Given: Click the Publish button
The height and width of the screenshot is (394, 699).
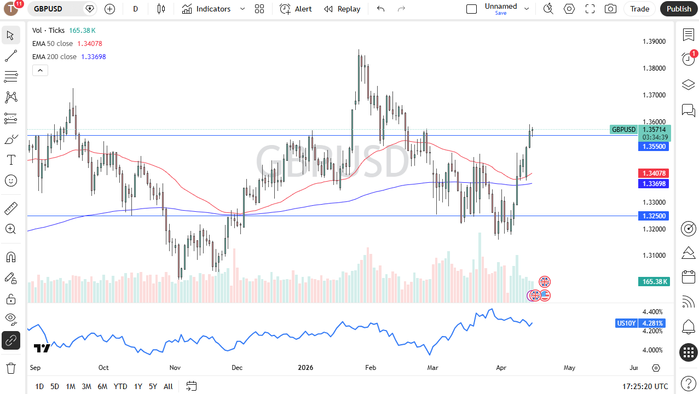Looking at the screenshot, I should pyautogui.click(x=679, y=9).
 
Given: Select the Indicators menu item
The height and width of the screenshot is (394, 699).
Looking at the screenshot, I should pyautogui.click(x=206, y=9).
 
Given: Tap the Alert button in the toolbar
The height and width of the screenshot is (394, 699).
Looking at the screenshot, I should pyautogui.click(x=296, y=9).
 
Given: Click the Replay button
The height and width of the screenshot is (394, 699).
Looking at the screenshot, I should pyautogui.click(x=342, y=9).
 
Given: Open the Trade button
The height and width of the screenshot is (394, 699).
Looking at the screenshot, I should pyautogui.click(x=639, y=9).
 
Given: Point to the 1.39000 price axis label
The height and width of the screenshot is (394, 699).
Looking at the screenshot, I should pyautogui.click(x=654, y=42).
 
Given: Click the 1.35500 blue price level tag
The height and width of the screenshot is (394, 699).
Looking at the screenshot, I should pyautogui.click(x=654, y=147).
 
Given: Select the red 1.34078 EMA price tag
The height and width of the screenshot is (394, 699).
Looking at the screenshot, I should pyautogui.click(x=654, y=173).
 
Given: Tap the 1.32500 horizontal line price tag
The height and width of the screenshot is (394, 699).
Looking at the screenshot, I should pyautogui.click(x=654, y=216).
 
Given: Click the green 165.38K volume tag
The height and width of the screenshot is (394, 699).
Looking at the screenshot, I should pyautogui.click(x=654, y=281).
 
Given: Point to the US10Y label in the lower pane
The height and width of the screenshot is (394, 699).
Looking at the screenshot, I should pyautogui.click(x=626, y=323).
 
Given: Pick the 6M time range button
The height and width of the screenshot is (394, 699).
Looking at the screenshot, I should pyautogui.click(x=102, y=386).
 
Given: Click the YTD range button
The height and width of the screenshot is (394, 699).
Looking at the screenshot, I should pyautogui.click(x=120, y=386).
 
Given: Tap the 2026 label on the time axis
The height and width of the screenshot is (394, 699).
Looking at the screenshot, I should pyautogui.click(x=305, y=368).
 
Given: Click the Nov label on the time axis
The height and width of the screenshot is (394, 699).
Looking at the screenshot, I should pyautogui.click(x=175, y=368).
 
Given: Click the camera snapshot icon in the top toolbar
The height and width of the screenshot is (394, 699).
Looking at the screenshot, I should pyautogui.click(x=610, y=9).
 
